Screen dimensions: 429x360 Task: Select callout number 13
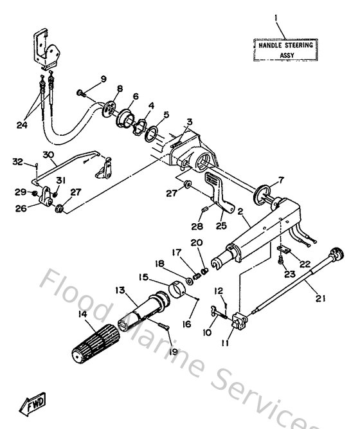click(x=120, y=290)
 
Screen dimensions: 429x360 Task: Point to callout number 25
click(x=223, y=226)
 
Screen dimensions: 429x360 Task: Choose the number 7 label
click(x=280, y=179)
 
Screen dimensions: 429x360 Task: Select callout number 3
click(x=189, y=122)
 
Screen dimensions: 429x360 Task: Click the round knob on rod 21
click(x=334, y=253)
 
